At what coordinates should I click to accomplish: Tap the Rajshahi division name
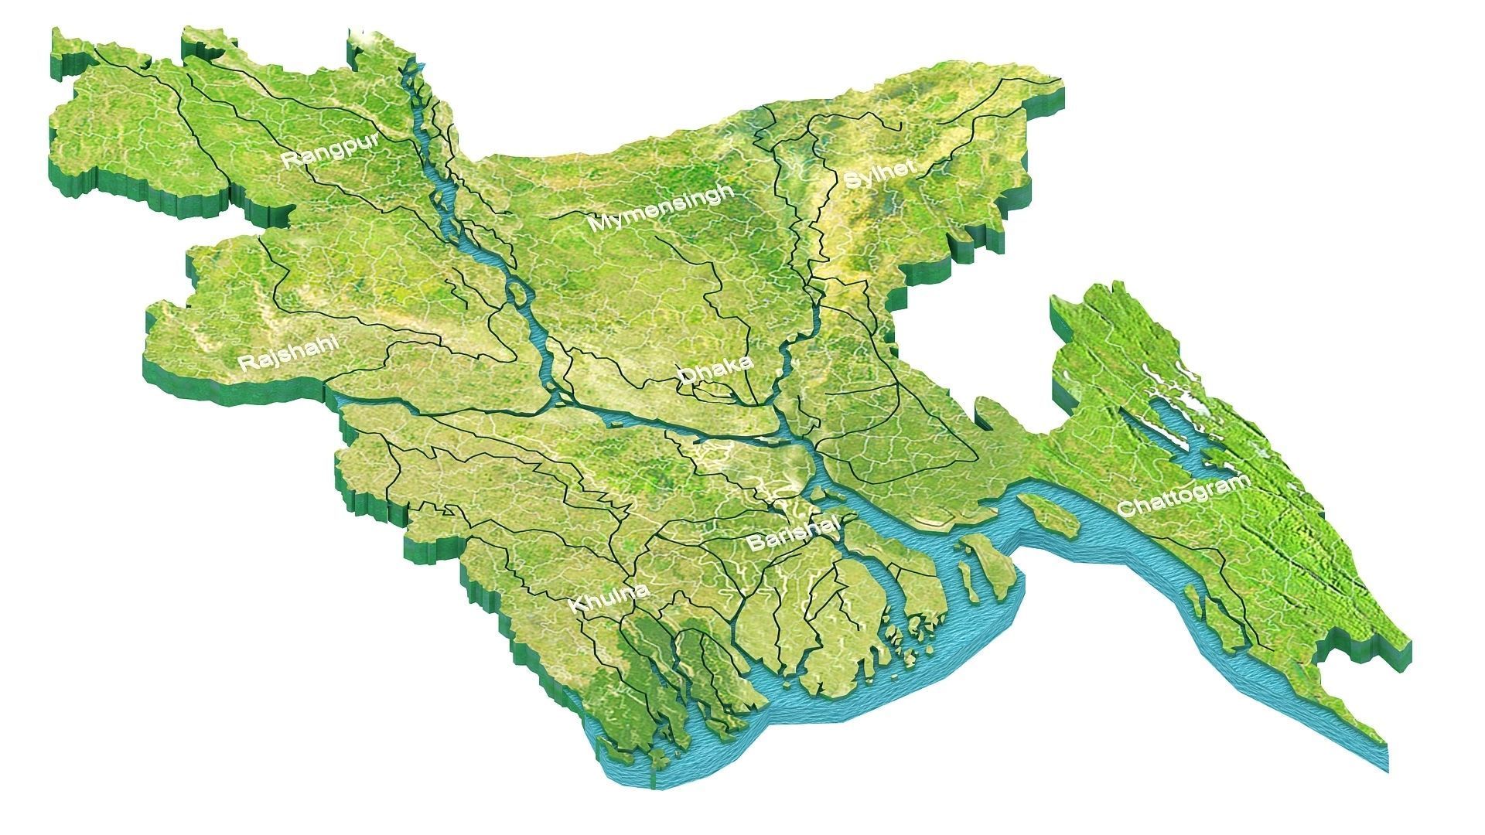289,353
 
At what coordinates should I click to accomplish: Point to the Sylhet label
880,175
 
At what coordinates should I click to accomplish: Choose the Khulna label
609,598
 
